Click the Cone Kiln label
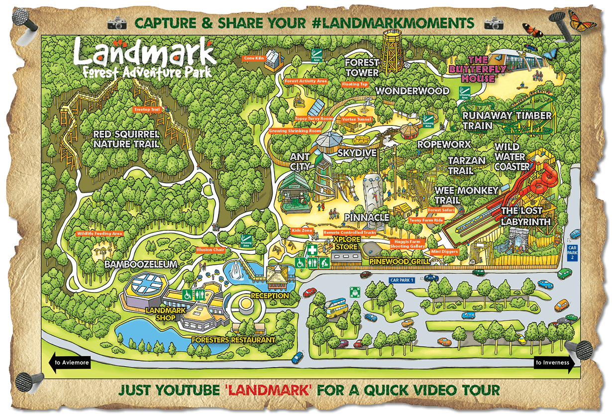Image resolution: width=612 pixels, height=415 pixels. pyautogui.click(x=254, y=58)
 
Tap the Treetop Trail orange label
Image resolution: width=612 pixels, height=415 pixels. pyautogui.click(x=148, y=109)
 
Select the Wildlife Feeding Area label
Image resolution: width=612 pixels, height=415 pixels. pyautogui.click(x=100, y=233)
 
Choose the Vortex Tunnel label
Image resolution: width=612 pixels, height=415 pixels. pyautogui.click(x=357, y=119)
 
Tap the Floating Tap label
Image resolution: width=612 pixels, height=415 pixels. pyautogui.click(x=355, y=84)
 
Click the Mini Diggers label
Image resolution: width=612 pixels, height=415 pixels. pyautogui.click(x=444, y=252)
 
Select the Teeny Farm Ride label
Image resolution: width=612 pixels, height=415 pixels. pyautogui.click(x=426, y=219)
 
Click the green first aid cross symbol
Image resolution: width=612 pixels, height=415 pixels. pyautogui.click(x=311, y=249)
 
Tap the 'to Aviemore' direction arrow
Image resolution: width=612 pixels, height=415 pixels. pyautogui.click(x=70, y=362)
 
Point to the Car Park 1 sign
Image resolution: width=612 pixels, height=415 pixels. pyautogui.click(x=402, y=281)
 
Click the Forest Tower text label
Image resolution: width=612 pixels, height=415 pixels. pyautogui.click(x=362, y=68)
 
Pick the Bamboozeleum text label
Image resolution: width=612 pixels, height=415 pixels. pyautogui.click(x=141, y=264)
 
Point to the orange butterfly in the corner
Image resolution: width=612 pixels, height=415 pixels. pyautogui.click(x=582, y=20)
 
